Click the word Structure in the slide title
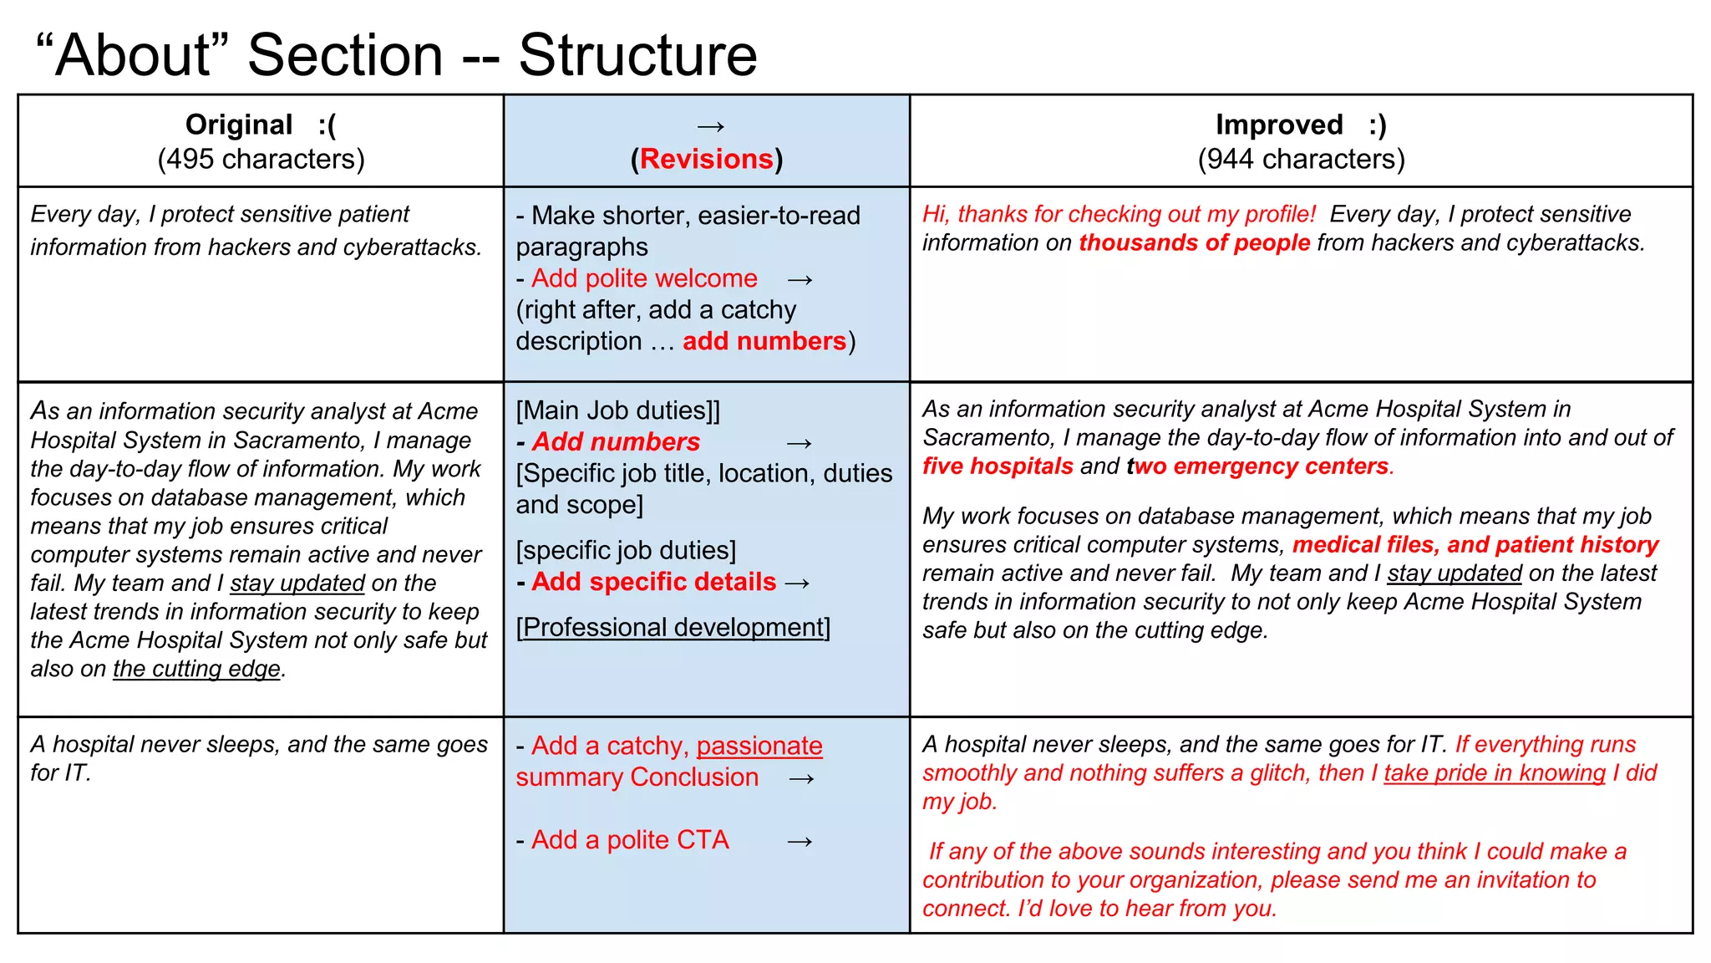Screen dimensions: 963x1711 point(637,56)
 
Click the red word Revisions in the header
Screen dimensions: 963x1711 point(707,159)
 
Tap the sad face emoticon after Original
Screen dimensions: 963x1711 point(327,125)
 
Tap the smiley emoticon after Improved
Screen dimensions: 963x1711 point(1377,125)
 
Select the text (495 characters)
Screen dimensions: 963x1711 point(261,159)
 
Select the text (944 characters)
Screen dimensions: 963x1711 point(1301,159)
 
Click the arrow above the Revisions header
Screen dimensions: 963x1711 point(710,126)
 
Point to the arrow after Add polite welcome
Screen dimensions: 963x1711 point(800,279)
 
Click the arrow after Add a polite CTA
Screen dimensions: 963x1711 point(800,841)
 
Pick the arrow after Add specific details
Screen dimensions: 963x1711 point(797,583)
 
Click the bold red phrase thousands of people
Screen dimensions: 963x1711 point(1194,242)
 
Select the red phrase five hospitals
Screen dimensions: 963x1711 point(998,466)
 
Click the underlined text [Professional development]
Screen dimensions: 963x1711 point(673,627)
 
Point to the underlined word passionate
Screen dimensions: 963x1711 point(759,746)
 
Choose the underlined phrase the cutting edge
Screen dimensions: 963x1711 point(196,669)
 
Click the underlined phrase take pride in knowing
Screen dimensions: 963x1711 point(1494,772)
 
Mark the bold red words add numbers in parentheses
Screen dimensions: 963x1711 point(764,341)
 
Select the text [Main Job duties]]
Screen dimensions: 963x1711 point(617,410)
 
